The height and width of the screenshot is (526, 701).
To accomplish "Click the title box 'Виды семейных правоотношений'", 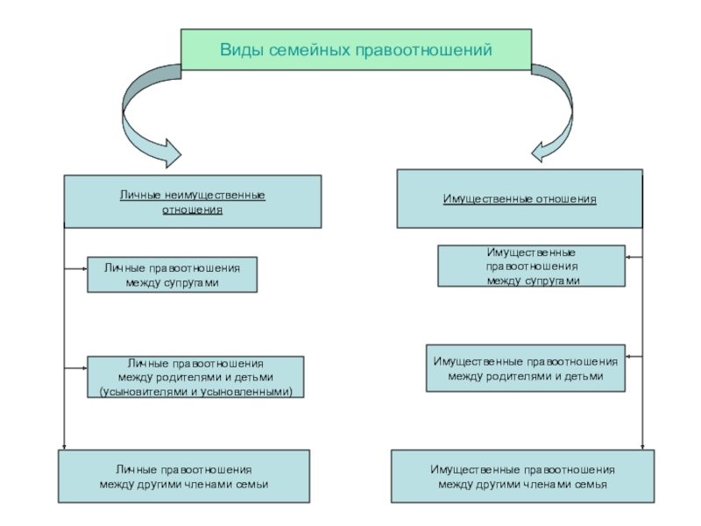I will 356,49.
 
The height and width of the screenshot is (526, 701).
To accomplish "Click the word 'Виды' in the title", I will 238,50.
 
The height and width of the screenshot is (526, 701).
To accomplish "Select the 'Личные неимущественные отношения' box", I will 193,202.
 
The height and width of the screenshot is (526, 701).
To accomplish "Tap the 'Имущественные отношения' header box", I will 520,200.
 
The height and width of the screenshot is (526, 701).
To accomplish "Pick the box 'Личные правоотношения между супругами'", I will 172,274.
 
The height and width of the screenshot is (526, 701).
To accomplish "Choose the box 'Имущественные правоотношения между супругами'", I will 532,266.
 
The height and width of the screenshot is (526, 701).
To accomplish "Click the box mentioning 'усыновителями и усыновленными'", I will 195,377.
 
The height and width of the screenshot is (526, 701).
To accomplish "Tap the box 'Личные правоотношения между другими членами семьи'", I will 184,476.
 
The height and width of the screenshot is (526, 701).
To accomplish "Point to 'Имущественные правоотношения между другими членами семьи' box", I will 522,476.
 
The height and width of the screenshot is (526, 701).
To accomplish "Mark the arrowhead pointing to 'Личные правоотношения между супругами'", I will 81,265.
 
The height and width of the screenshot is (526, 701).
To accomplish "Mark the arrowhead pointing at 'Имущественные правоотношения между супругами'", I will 630,256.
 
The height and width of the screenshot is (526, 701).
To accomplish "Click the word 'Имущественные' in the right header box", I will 479,200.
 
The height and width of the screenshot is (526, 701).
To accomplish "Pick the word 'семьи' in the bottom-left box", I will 251,484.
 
